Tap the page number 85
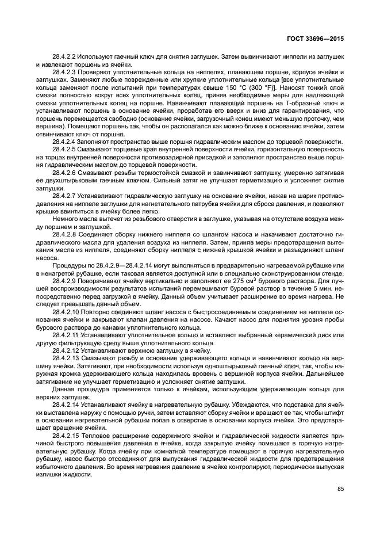pyautogui.click(x=341, y=489)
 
